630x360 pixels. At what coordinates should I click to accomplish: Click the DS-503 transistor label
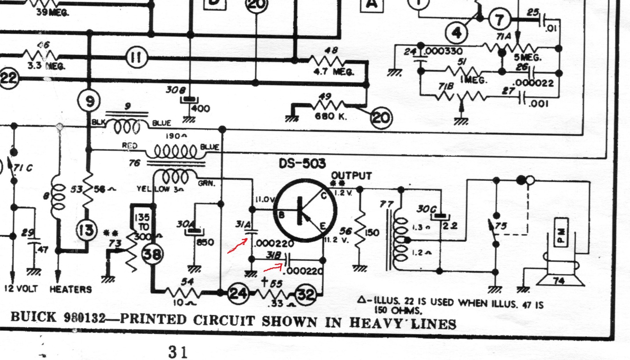click(302, 163)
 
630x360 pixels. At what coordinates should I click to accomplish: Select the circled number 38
click(152, 254)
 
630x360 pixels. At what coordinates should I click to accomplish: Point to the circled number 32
click(306, 295)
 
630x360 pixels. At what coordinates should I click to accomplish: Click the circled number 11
click(136, 57)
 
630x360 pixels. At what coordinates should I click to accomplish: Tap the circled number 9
click(90, 101)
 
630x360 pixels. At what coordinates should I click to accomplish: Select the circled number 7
click(499, 20)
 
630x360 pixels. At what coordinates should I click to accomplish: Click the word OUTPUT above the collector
click(351, 176)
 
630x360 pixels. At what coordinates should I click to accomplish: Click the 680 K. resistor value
click(331, 116)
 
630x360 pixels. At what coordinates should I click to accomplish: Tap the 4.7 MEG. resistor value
click(334, 72)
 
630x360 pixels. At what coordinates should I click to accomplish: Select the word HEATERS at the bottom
click(71, 289)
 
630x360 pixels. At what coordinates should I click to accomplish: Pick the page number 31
click(178, 352)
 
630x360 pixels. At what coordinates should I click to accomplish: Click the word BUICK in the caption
click(33, 317)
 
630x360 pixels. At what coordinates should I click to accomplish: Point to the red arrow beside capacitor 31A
click(238, 246)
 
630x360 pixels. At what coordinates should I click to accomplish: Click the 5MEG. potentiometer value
click(527, 57)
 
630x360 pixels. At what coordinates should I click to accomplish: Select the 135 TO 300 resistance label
click(142, 227)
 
